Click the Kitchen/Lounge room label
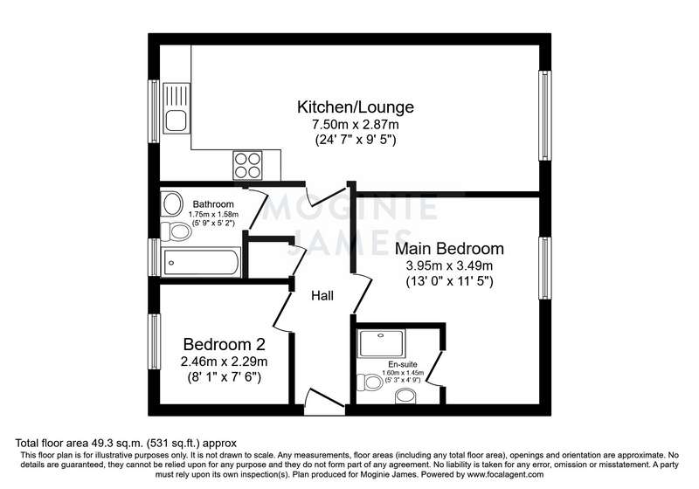coord(356,107)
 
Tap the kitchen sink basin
coord(176,121)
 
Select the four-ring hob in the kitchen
coord(248,165)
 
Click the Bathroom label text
coord(213,204)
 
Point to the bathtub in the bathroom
coord(201,262)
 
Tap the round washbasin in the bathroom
coord(172,204)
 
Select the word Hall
coord(322,296)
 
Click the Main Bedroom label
coord(449,249)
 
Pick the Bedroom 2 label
coord(225,344)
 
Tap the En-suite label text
coord(403,364)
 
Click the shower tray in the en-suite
coord(381,343)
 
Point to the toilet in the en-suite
coord(370,382)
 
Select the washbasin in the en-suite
coord(405,396)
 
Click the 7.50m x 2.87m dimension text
coord(356,125)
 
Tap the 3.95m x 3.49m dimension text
coord(449,266)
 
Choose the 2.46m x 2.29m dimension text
coord(225,362)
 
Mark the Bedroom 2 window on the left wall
coord(155,341)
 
